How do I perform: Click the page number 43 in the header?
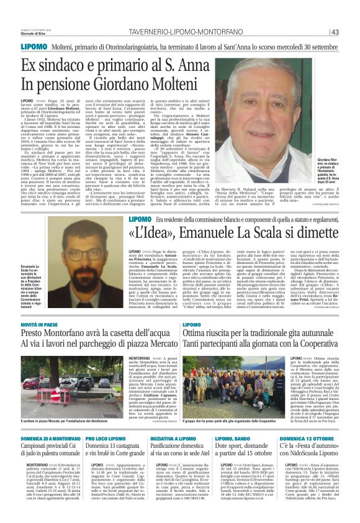click(x=335, y=32)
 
